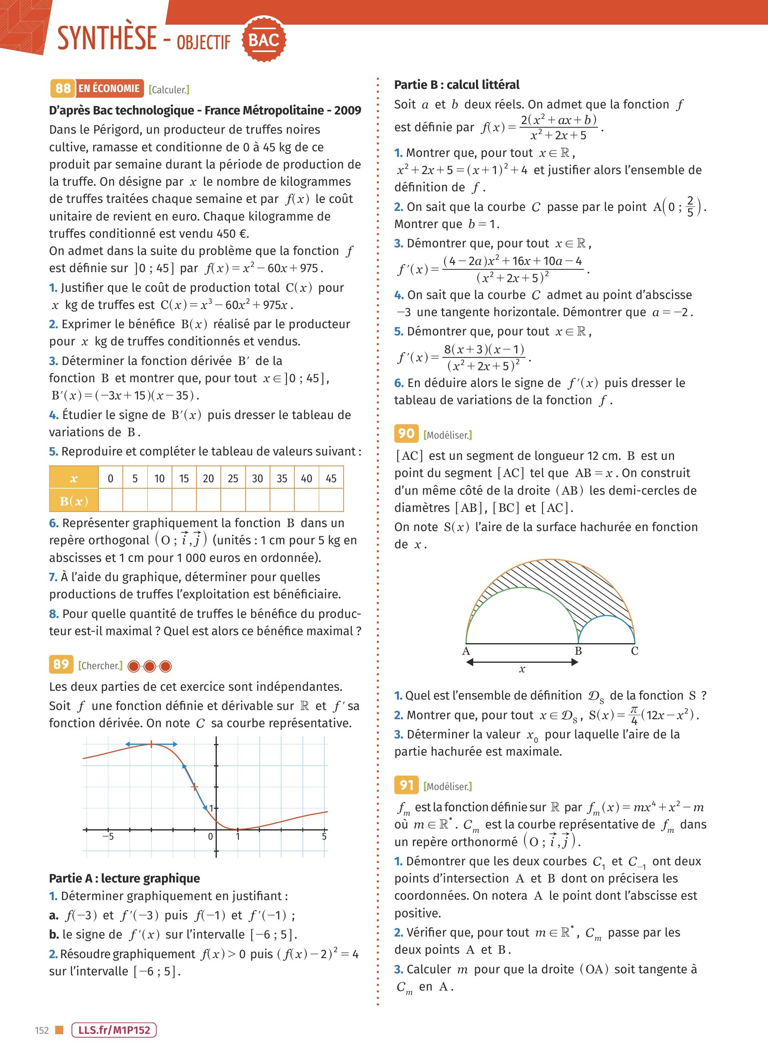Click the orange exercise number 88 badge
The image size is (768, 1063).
63,88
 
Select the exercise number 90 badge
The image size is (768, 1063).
406,433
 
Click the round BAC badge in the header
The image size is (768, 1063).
264,40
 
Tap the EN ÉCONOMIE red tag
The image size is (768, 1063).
109,88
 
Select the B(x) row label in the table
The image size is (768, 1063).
74,501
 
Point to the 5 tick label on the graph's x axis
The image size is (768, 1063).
324,836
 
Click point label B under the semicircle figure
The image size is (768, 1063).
578,651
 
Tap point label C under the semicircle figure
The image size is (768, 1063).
634,651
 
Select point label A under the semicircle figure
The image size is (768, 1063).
466,651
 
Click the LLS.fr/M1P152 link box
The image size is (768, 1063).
114,1030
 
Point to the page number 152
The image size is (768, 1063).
42,1030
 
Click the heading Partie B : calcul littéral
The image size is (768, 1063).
456,85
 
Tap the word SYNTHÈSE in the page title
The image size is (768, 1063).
107,38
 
